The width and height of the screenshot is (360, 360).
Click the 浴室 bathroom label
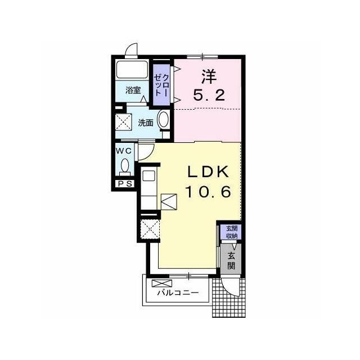[133, 90]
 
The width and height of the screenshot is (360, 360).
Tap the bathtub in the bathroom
[132, 69]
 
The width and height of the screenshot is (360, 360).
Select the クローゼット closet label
[161, 85]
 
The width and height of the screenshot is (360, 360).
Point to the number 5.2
[209, 95]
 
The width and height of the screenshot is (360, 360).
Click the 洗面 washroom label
[146, 123]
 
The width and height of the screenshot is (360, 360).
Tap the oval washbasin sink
[164, 119]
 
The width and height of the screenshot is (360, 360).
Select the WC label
[124, 151]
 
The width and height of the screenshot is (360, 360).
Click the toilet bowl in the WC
[125, 166]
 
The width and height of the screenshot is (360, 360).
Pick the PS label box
[125, 183]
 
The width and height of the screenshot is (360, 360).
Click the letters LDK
[209, 172]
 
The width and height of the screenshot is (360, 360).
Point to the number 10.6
[208, 192]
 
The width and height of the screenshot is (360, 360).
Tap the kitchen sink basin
[148, 176]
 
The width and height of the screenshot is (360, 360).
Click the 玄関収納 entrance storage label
[231, 232]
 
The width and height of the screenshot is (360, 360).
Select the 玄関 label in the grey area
[231, 260]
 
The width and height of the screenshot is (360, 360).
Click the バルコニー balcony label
[178, 292]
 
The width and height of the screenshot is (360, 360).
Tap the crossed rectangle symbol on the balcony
[162, 283]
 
